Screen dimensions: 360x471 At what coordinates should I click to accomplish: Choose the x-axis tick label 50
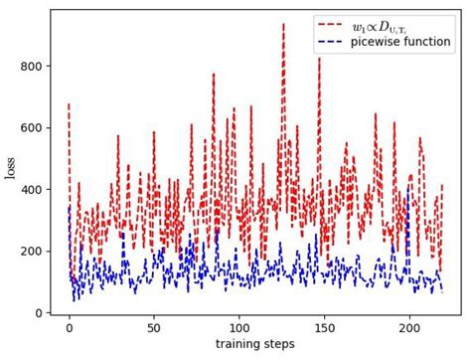coord(154,328)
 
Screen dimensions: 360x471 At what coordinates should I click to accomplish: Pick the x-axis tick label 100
coord(238,328)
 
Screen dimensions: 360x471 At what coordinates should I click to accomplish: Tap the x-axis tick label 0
coord(69,328)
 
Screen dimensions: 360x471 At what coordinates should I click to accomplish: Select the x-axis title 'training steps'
coord(255,345)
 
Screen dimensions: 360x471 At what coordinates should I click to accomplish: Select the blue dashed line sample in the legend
coord(334,43)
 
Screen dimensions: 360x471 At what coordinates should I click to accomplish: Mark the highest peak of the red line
coord(283,25)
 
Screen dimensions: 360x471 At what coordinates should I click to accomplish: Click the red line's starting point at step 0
coord(69,104)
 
